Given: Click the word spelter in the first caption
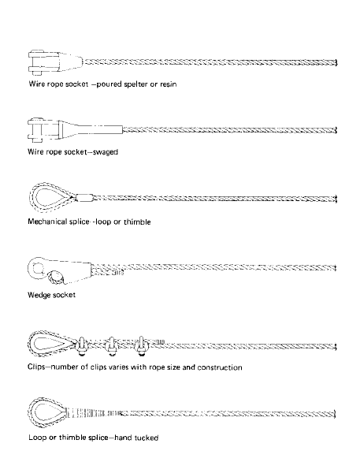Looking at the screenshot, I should pyautogui.click(x=134, y=81).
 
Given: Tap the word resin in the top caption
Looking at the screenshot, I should pyautogui.click(x=176, y=81).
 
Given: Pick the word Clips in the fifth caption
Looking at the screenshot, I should pyautogui.click(x=37, y=367).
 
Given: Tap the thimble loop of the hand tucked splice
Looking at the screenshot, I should pyautogui.click(x=44, y=412).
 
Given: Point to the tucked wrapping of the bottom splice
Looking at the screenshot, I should pyautogui.click(x=93, y=412).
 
